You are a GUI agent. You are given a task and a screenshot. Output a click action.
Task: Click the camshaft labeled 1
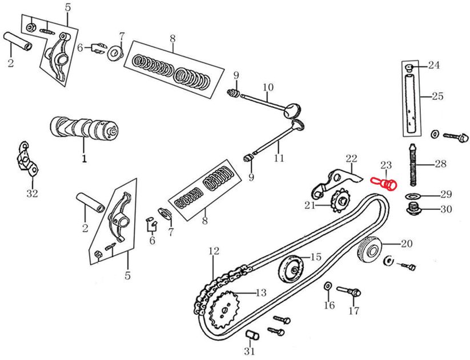pos(85,128)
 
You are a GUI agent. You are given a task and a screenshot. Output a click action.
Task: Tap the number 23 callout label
pos(387,165)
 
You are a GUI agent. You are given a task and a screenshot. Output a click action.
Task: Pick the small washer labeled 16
pos(328,285)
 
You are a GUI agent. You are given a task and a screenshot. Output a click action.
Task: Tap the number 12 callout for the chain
pos(214,250)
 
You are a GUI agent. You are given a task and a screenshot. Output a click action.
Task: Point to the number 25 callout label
pos(437,96)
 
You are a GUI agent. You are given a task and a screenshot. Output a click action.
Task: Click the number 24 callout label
pos(433,65)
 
